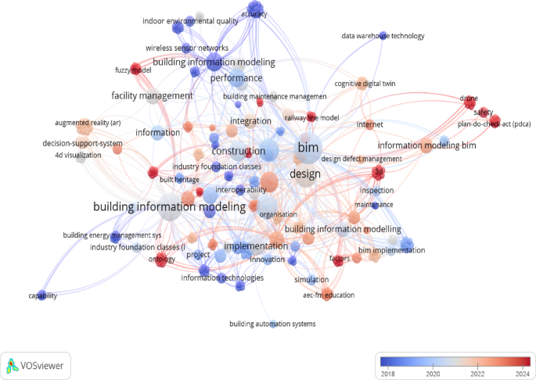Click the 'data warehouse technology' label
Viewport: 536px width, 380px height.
tap(383, 36)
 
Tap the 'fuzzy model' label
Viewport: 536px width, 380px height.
tap(132, 70)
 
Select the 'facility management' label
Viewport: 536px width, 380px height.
tap(152, 95)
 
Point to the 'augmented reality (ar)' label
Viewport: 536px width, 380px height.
tap(88, 123)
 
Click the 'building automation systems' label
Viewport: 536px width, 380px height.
tap(273, 324)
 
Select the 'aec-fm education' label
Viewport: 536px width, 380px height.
tap(329, 295)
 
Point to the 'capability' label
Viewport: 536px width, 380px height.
tap(42, 295)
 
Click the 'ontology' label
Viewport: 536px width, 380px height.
tap(161, 259)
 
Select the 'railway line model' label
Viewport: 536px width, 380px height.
tap(311, 117)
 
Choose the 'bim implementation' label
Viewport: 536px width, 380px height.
tap(391, 250)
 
